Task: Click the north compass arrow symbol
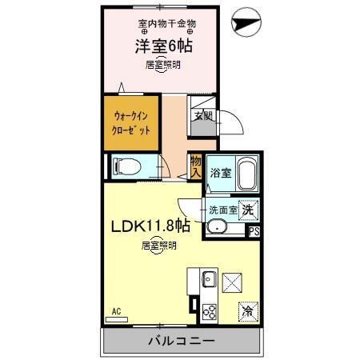244,25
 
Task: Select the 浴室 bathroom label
220,172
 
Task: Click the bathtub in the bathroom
245,174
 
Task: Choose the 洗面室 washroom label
223,210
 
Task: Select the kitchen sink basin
207,279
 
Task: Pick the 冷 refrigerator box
247,311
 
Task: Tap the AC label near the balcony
116,311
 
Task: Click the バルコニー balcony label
180,342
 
